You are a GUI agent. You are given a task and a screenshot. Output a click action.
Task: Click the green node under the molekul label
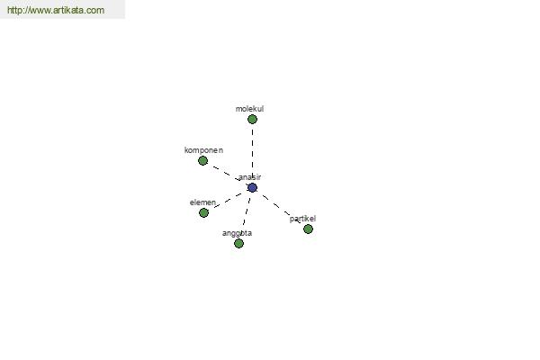[252, 119]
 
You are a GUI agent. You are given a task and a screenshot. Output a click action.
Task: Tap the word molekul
[249, 109]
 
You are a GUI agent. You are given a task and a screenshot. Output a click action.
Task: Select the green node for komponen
[202, 160]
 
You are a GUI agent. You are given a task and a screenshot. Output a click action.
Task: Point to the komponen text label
[203, 150]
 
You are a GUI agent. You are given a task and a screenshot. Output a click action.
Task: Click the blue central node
[252, 188]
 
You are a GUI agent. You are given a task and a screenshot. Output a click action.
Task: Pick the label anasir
[249, 177]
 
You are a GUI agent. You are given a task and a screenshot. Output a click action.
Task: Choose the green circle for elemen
[204, 213]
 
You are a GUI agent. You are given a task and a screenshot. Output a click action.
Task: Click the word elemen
[202, 202]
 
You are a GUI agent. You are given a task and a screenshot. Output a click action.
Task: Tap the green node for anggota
[239, 244]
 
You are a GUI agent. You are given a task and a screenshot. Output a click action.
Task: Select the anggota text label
[237, 234]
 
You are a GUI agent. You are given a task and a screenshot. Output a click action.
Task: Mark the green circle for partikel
[308, 229]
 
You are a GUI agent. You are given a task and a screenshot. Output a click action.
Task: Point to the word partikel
[302, 219]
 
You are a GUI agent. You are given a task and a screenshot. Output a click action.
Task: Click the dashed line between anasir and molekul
[252, 153]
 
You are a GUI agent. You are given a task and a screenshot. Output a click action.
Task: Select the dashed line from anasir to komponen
[228, 175]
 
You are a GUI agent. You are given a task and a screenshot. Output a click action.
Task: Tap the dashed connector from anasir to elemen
[228, 201]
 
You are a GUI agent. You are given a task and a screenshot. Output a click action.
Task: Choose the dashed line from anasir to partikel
[280, 209]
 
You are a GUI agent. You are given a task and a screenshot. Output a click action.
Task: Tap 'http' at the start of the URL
[13, 10]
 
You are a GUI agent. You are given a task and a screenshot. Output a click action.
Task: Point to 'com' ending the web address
[97, 11]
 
